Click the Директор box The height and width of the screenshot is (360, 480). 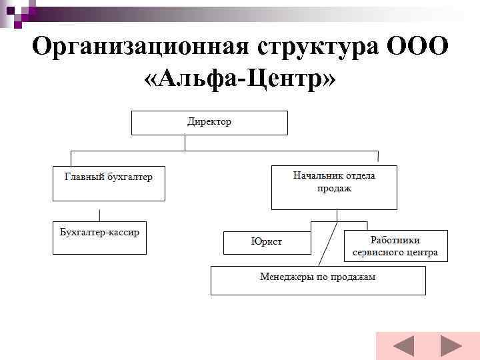click(209, 123)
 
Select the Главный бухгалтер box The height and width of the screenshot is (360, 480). click(108, 183)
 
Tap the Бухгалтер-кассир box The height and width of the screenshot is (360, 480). click(99, 237)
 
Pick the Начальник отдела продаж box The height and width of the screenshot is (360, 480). click(334, 187)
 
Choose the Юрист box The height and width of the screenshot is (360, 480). click(267, 242)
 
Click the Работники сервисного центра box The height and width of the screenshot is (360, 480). click(395, 246)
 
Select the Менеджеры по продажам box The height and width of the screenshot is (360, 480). click(318, 281)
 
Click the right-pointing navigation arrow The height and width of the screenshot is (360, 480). click(451, 347)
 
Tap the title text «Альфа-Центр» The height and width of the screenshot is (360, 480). click(240, 80)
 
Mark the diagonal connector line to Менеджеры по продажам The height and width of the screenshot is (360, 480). click(326, 241)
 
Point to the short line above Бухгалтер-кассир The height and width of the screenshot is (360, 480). click(99, 215)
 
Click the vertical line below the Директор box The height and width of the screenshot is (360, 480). click(184, 143)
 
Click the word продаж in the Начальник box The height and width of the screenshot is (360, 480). click(334, 189)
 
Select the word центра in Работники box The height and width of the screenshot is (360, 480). click(421, 253)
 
